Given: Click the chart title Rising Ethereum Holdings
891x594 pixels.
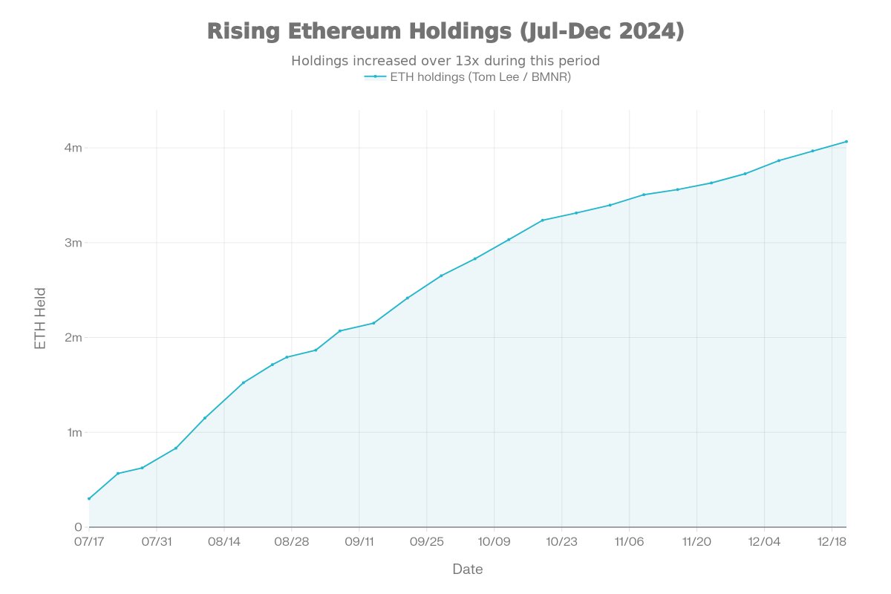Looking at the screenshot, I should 446,32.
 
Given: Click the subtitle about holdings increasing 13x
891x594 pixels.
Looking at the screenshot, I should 446,61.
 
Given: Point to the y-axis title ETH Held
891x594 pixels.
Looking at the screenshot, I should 41,319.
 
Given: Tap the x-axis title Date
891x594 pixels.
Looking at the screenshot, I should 468,569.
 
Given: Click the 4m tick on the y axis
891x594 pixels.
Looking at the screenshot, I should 73,148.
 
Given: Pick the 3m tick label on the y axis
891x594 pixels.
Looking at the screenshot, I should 73,243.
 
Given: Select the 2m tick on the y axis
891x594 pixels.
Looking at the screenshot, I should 73,338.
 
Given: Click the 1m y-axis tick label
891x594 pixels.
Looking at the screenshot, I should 73,432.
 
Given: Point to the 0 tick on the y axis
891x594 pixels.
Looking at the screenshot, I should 77,527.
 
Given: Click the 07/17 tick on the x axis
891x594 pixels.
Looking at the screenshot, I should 89,541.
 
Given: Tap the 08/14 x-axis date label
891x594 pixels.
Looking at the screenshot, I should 224,541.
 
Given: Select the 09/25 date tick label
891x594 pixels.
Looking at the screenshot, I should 426,541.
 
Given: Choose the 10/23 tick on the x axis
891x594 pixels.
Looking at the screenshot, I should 561,541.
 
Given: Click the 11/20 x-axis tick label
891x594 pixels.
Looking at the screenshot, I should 696,541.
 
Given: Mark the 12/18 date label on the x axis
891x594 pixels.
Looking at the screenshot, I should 832,541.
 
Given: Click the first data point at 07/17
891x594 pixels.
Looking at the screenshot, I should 89,498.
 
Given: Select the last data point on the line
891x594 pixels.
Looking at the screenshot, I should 846,141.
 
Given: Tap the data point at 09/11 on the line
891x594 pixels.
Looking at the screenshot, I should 373,323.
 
